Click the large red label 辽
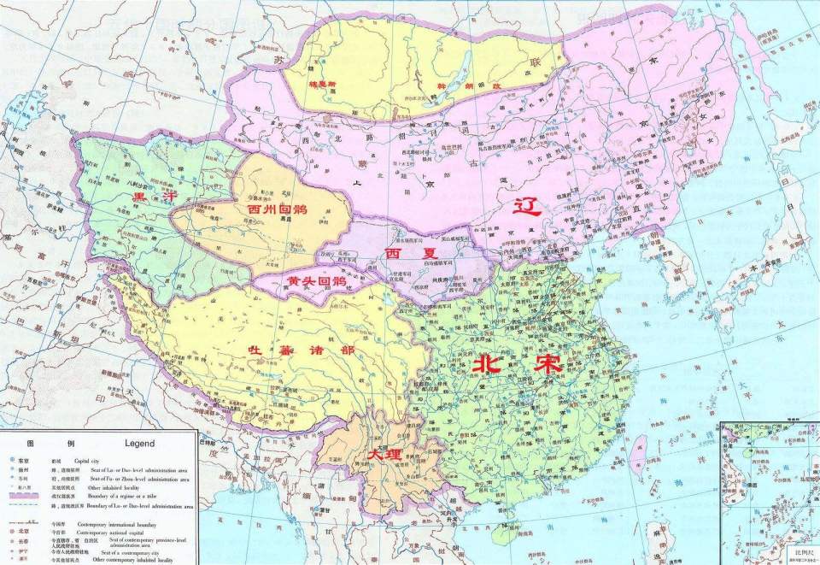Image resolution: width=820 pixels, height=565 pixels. pos(526,206)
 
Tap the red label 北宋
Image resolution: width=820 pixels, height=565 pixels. pos(515,363)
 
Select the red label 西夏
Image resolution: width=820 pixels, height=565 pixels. pos(400,254)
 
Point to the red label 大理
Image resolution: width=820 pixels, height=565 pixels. pos(384,455)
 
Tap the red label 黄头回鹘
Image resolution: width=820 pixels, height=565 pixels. pos(316,280)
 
